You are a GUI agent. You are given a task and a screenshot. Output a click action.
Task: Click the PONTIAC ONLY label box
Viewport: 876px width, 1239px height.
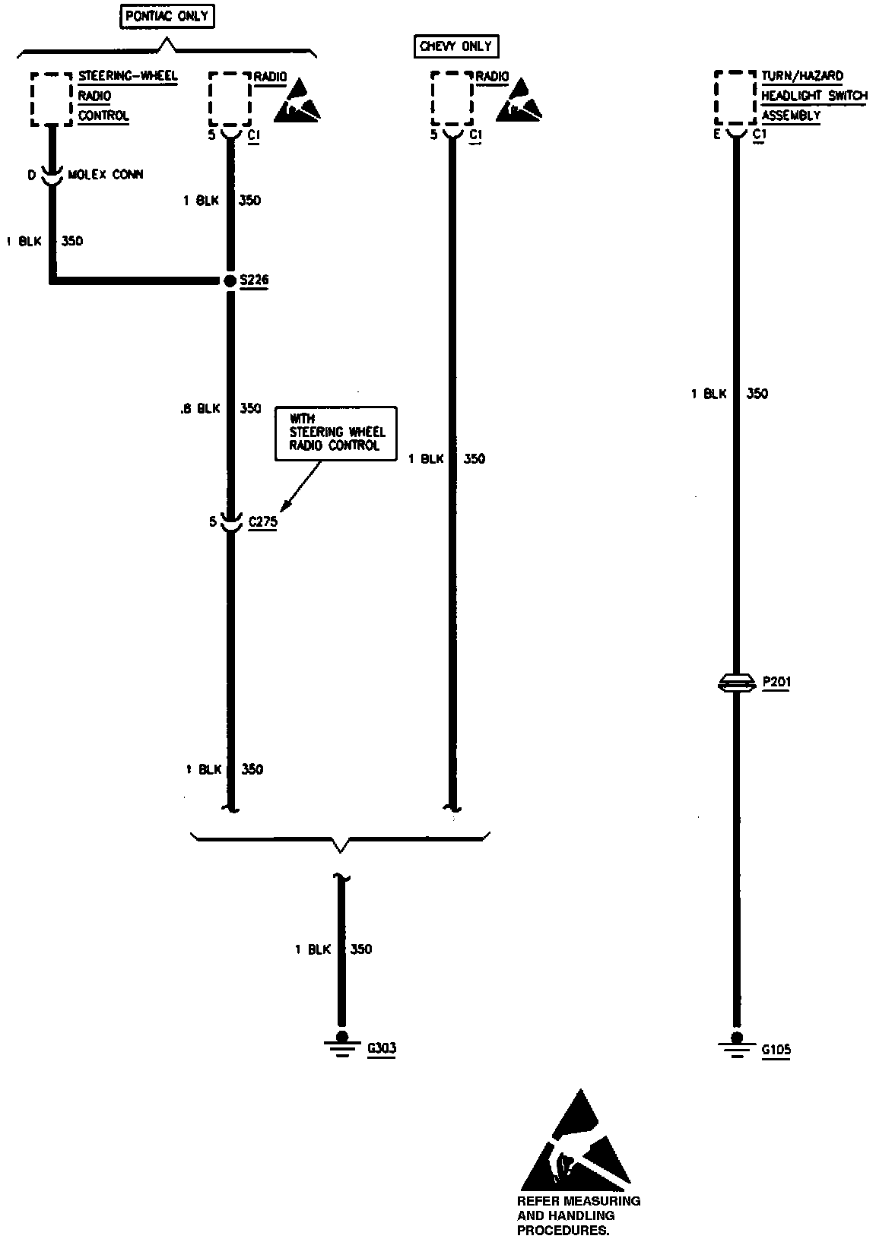(x=167, y=16)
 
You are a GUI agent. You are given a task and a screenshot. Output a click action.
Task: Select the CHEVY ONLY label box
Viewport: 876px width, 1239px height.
(x=455, y=46)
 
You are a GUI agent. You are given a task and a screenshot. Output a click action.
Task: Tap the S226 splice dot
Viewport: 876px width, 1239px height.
(x=230, y=281)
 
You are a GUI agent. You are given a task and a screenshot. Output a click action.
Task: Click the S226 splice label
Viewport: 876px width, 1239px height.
(x=254, y=280)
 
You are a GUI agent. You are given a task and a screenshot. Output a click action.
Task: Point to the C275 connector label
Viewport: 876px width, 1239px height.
(x=263, y=522)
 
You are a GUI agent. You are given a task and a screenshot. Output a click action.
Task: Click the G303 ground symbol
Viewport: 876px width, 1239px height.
(x=341, y=1047)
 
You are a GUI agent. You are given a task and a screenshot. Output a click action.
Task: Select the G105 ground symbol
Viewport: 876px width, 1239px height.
(x=736, y=1048)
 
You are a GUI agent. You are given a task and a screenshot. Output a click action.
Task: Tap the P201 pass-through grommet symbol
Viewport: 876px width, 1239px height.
(x=735, y=683)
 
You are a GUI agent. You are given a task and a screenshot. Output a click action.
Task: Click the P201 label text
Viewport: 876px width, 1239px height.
(x=776, y=682)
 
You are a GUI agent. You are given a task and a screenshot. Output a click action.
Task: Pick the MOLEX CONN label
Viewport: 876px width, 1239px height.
(x=106, y=175)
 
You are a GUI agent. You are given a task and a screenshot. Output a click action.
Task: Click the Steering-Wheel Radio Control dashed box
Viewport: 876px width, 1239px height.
(x=52, y=99)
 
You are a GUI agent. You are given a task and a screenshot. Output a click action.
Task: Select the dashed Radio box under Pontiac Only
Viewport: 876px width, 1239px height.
(x=230, y=99)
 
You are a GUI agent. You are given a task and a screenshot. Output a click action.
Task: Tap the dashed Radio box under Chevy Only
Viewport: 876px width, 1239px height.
(x=452, y=99)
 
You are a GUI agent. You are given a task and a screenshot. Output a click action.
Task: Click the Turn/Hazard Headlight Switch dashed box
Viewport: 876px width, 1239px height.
(x=735, y=99)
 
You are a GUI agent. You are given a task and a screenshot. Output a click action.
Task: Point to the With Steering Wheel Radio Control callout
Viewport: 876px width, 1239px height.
(x=336, y=433)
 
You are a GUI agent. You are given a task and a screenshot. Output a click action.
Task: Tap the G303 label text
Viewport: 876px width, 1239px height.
(x=381, y=1049)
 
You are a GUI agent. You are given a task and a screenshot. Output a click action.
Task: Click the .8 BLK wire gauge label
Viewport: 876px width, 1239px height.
(x=201, y=409)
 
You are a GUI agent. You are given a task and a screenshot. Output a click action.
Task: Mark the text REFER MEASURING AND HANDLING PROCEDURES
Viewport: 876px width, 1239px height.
(x=578, y=1215)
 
